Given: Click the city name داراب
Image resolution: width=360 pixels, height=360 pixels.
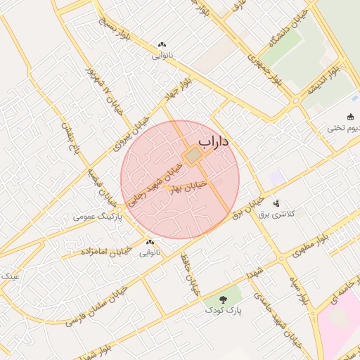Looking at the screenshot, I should tap(214, 143).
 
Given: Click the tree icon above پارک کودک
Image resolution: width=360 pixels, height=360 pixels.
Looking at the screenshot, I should tap(224, 299).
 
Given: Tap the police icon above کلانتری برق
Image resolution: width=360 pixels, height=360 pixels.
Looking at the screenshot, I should tap(276, 202).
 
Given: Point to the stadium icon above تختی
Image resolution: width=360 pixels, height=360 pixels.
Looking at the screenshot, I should tap(350, 117).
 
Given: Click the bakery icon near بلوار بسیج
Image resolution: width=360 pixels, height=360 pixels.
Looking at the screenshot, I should tap(162, 44).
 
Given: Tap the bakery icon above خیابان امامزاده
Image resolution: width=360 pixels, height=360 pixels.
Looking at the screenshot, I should tap(150, 241).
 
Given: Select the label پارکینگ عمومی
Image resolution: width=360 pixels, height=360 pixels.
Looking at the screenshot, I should tap(98, 217).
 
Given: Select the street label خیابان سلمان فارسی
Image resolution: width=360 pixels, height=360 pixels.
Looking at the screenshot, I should tap(98, 302).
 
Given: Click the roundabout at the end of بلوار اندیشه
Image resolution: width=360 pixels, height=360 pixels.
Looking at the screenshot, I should tap(295, 101).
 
